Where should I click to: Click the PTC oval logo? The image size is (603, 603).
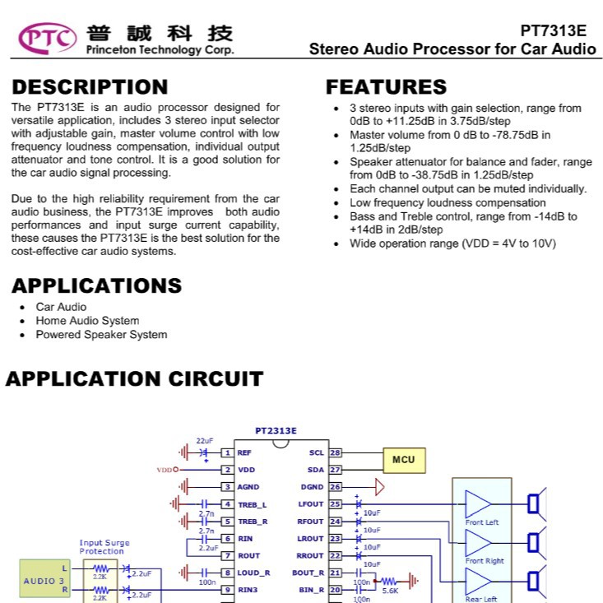tap(47, 39)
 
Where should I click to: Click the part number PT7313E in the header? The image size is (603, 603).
tap(553, 30)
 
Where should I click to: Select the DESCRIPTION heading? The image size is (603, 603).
tap(90, 87)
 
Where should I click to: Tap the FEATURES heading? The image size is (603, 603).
tap(386, 87)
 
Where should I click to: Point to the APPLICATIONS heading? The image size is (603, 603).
tap(97, 285)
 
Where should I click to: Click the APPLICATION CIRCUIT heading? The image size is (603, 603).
tap(135, 378)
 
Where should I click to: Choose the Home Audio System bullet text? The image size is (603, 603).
tap(88, 321)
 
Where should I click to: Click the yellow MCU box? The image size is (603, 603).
tap(404, 461)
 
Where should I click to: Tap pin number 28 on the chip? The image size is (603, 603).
tap(335, 452)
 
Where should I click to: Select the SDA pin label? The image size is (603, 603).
tap(316, 470)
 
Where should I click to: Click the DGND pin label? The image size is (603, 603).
tap(312, 487)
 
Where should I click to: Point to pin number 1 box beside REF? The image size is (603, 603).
tap(227, 452)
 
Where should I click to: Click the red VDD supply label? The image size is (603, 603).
tap(165, 470)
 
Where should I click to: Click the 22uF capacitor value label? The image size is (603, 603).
tap(205, 441)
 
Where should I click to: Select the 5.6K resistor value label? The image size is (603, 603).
tap(390, 591)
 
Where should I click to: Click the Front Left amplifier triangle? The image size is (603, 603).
tap(478, 503)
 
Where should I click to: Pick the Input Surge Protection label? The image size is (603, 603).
tap(104, 547)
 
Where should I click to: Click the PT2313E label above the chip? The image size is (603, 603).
tap(276, 431)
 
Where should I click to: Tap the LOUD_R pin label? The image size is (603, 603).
tap(253, 573)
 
